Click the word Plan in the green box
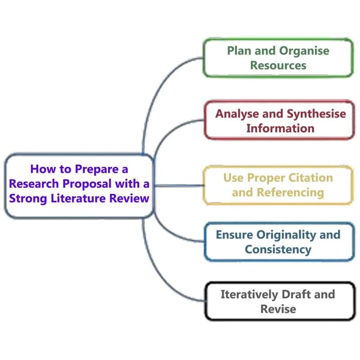[237, 51]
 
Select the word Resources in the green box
[278, 65]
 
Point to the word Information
[280, 128]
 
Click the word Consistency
[278, 249]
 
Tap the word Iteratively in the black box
[249, 294]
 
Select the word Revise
[278, 309]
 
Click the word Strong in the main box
[27, 198]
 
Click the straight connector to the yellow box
[180, 185]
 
